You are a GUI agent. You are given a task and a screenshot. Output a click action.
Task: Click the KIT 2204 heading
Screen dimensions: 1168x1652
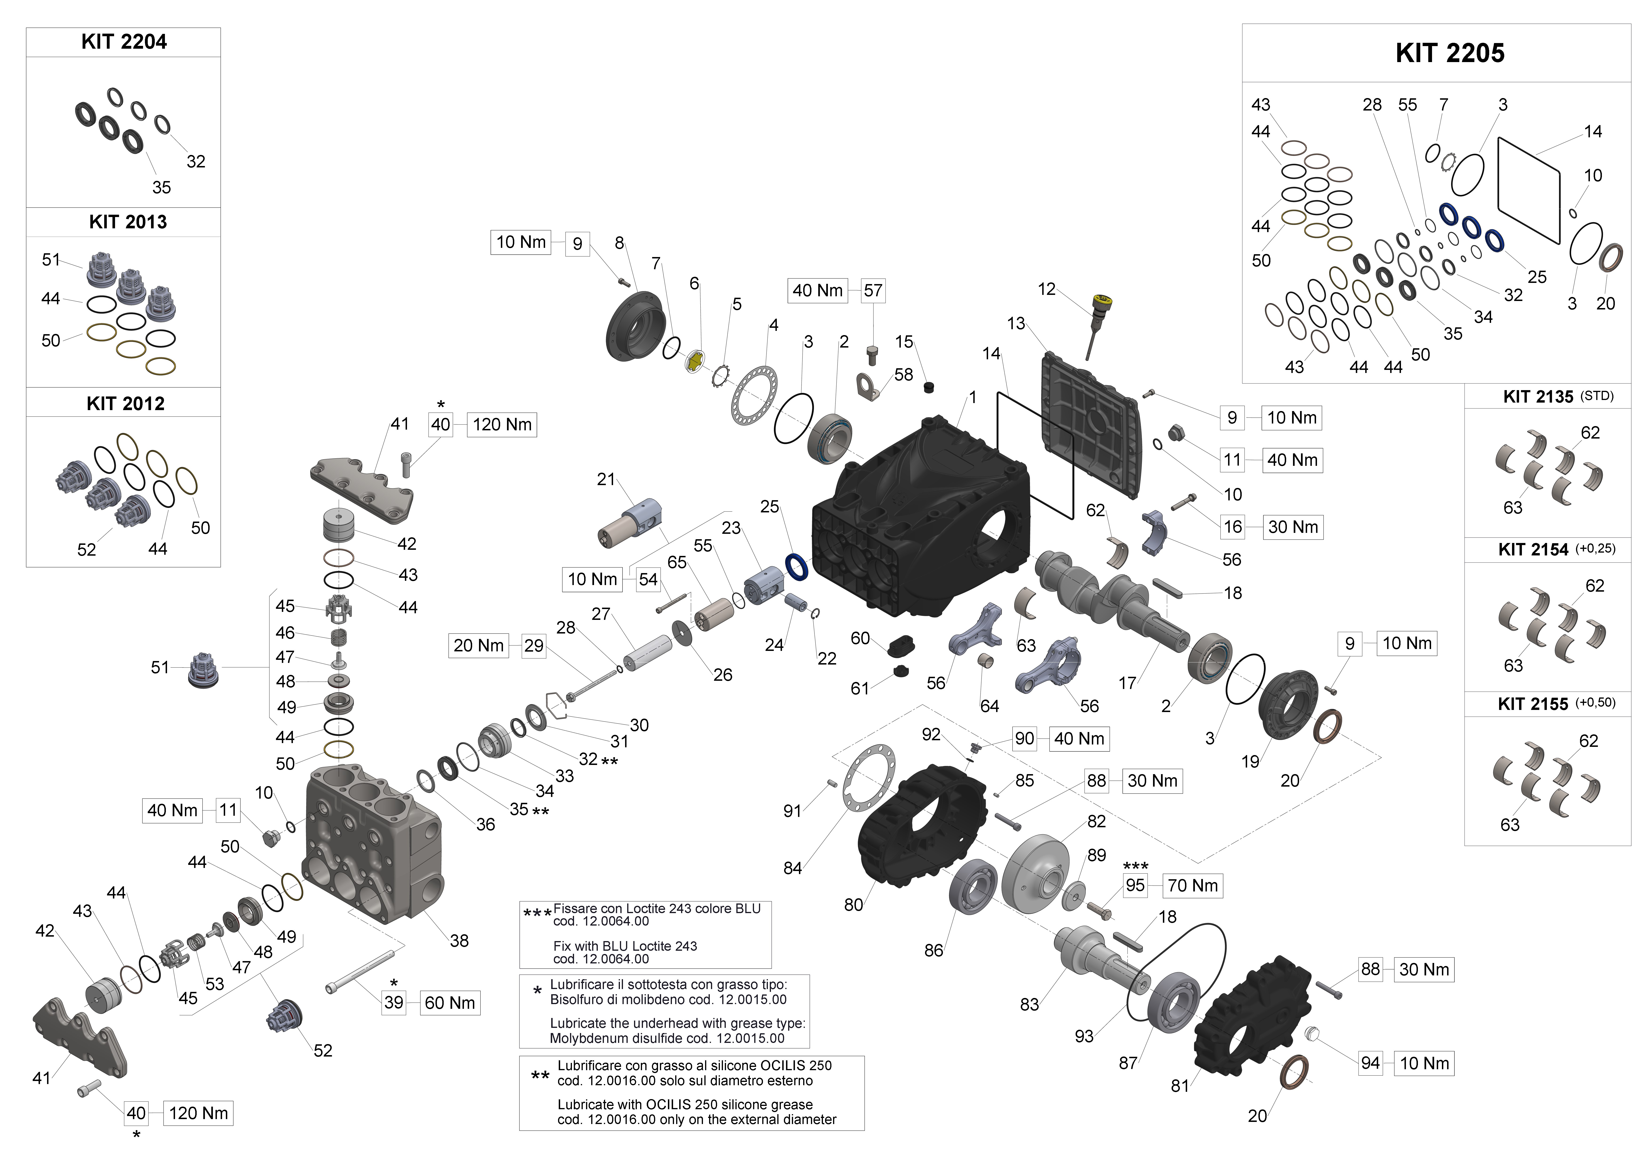[x=124, y=42]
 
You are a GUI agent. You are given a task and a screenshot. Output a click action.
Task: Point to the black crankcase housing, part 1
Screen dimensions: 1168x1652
[x=921, y=518]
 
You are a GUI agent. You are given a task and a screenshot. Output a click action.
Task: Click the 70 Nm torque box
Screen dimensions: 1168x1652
[x=1192, y=885]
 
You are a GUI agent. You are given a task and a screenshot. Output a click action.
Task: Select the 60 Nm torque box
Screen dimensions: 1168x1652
[x=450, y=1003]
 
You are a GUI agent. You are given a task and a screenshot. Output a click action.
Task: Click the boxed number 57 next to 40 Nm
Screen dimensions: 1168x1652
[x=873, y=291]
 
